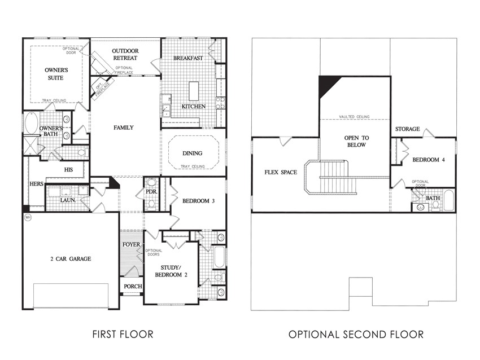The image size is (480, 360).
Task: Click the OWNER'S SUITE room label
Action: pyautogui.click(x=56, y=74)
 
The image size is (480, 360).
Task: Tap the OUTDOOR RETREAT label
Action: pyautogui.click(x=125, y=54)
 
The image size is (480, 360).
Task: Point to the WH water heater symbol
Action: pyautogui.click(x=28, y=217)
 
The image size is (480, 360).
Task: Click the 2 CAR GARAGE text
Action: pyautogui.click(x=71, y=259)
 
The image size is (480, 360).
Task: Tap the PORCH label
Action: pyautogui.click(x=133, y=286)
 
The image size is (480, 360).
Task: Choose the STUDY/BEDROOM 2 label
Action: pyautogui.click(x=171, y=271)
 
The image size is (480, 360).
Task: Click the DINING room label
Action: pyautogui.click(x=192, y=153)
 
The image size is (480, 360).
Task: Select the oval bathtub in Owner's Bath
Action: pyautogui.click(x=31, y=123)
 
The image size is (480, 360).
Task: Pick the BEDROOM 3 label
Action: pyautogui.click(x=198, y=201)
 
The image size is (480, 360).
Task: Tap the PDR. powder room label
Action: pyautogui.click(x=151, y=192)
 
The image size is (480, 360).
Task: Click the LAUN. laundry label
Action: pyautogui.click(x=68, y=200)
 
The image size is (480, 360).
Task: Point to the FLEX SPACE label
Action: pyautogui.click(x=281, y=172)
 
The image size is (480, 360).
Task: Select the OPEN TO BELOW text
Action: pyautogui.click(x=357, y=141)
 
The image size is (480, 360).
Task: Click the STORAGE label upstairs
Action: pyautogui.click(x=408, y=129)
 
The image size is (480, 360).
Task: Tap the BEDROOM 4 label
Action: pyautogui.click(x=429, y=160)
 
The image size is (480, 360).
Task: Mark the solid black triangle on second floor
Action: pyautogui.click(x=326, y=85)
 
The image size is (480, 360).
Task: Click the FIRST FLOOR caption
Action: pyautogui.click(x=123, y=334)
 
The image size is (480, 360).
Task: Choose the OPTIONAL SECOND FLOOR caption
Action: pyautogui.click(x=356, y=334)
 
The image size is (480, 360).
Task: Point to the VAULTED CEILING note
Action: pyautogui.click(x=354, y=117)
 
